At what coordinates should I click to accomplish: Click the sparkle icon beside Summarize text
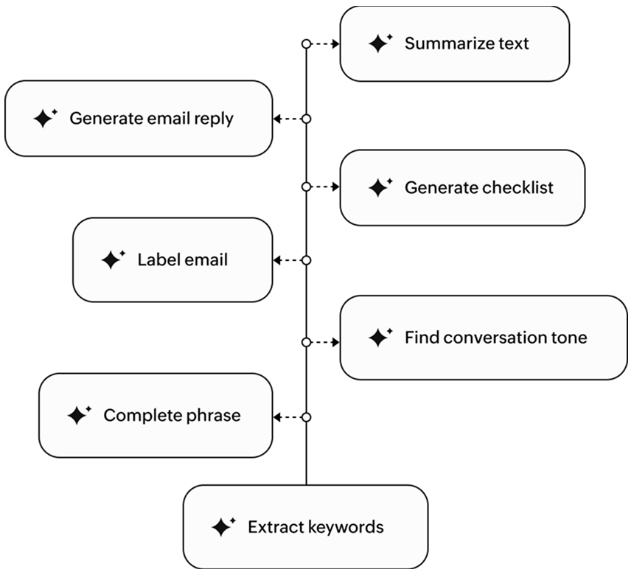380,43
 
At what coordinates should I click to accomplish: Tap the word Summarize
440,43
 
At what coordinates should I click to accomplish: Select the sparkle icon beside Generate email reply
44,118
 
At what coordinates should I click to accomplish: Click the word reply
213,119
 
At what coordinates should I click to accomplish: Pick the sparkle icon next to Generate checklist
380,188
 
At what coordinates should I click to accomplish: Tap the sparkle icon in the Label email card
112,259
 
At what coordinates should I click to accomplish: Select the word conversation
496,338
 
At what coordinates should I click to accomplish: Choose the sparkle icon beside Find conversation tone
380,338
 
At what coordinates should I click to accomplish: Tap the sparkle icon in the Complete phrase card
78,415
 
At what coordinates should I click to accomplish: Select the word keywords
346,527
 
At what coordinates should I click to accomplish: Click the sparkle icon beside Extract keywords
222,526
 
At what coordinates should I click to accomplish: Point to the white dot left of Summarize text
306,44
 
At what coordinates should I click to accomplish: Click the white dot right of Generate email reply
306,118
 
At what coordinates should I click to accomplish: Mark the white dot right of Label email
306,260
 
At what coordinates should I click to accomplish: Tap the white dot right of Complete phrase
306,417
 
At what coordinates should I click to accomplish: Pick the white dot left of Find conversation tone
306,342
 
